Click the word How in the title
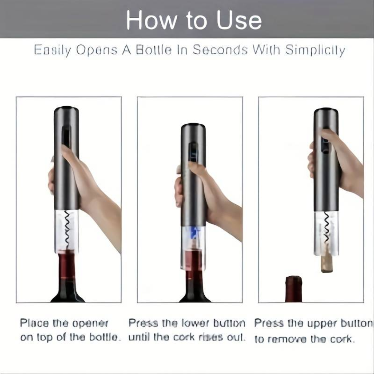pos(151,20)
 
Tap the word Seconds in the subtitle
pos(220,50)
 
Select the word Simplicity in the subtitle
pos(315,50)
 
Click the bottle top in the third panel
pos(294,289)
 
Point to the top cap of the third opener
pos(326,111)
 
